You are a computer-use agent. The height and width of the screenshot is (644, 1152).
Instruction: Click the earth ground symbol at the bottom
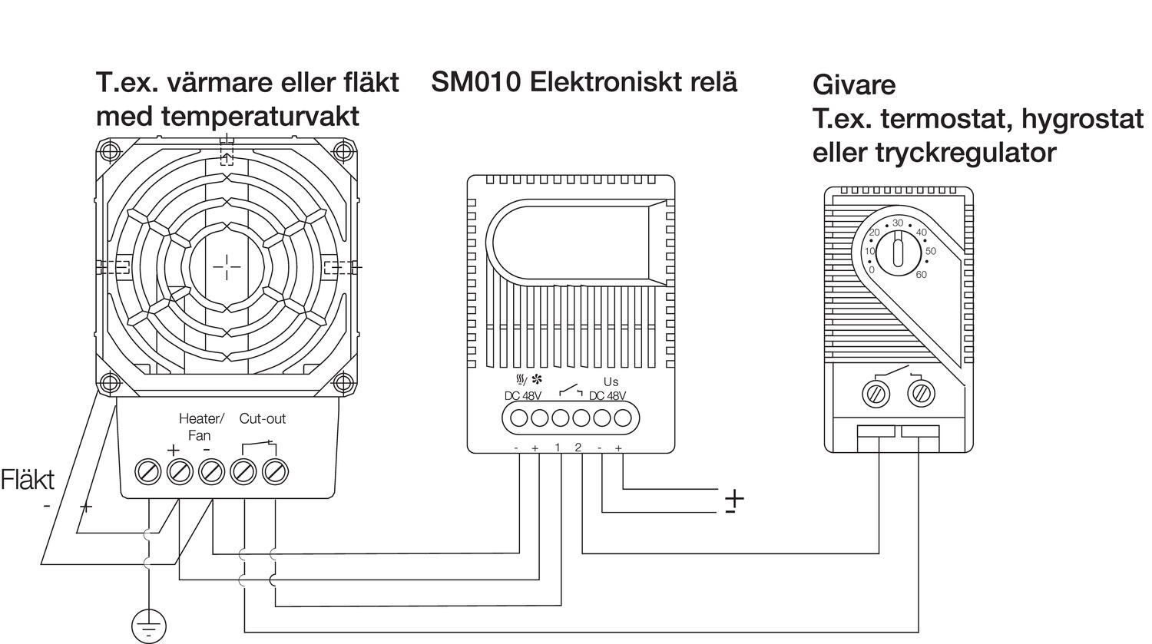tap(148, 625)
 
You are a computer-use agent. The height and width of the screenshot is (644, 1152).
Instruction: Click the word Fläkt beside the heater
tap(28, 481)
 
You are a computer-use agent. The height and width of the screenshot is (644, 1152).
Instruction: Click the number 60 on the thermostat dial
tap(921, 275)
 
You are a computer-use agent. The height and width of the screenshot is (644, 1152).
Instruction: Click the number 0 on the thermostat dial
tap(872, 269)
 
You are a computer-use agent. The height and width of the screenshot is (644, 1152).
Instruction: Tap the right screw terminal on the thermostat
tap(920, 394)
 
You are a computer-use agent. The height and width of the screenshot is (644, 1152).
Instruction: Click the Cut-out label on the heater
tap(262, 419)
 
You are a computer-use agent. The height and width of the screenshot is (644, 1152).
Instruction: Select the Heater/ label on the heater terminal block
tap(201, 419)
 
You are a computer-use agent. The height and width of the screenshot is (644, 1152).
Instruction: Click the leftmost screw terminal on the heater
tap(147, 471)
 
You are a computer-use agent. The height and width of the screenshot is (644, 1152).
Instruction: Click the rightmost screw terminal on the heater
tap(274, 471)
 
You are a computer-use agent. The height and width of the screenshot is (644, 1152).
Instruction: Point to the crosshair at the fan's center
tap(227, 266)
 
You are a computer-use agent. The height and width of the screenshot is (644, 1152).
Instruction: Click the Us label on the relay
tap(611, 381)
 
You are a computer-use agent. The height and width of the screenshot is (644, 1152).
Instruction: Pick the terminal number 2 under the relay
tap(578, 447)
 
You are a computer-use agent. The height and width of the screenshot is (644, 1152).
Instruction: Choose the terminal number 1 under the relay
tap(558, 447)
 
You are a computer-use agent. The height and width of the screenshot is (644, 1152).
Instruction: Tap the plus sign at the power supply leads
tap(735, 497)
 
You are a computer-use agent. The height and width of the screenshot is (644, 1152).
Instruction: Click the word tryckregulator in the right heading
tap(965, 153)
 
